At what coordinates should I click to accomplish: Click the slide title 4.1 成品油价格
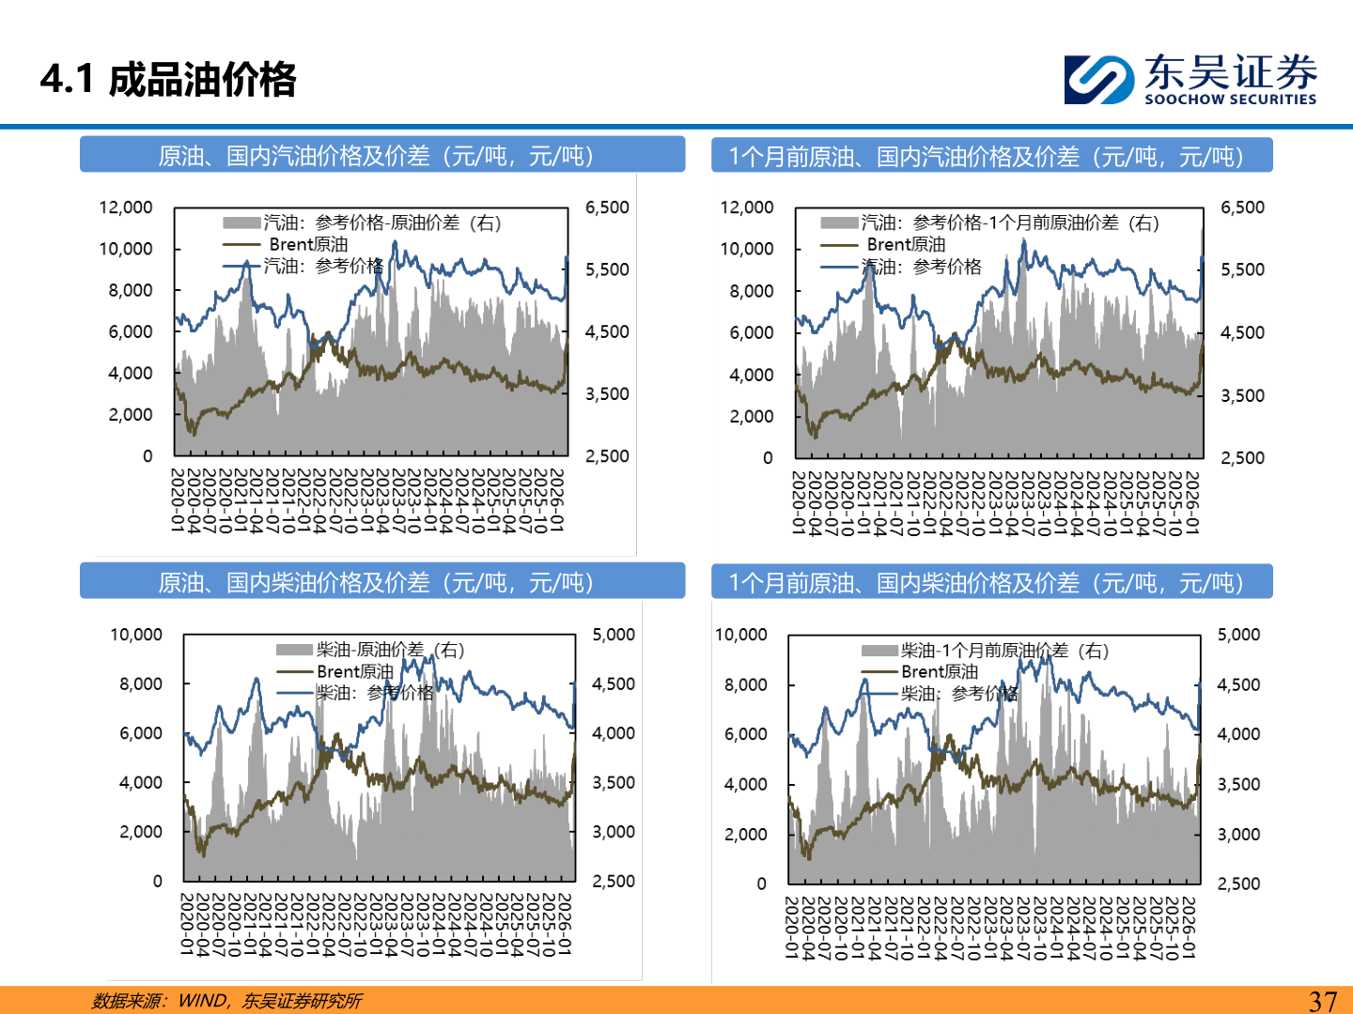pyautogui.click(x=168, y=80)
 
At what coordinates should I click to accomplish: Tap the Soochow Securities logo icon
pyautogui.click(x=1098, y=80)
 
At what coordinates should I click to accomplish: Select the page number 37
pyautogui.click(x=1322, y=1001)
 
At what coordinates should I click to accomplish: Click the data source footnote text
pyautogui.click(x=226, y=1001)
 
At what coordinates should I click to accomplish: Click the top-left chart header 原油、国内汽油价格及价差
pyautogui.click(x=376, y=156)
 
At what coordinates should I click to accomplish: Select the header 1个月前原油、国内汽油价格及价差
pyautogui.click(x=987, y=157)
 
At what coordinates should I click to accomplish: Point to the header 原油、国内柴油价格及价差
pyautogui.click(x=376, y=583)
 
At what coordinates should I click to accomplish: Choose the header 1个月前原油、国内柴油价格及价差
pyautogui.click(x=987, y=583)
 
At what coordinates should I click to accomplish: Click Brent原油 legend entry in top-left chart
pyautogui.click(x=307, y=244)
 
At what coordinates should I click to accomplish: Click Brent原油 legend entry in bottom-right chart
pyautogui.click(x=939, y=671)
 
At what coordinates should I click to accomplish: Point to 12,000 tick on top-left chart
pyautogui.click(x=126, y=207)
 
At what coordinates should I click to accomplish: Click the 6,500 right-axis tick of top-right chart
pyautogui.click(x=1242, y=207)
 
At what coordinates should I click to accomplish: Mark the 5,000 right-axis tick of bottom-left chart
pyautogui.click(x=614, y=635)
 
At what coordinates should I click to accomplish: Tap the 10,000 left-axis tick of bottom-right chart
pyautogui.click(x=741, y=635)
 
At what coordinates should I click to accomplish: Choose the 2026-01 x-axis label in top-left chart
pyautogui.click(x=557, y=500)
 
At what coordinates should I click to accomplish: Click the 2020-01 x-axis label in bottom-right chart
pyautogui.click(x=791, y=927)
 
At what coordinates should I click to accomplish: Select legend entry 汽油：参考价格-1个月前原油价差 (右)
pyautogui.click(x=1010, y=223)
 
